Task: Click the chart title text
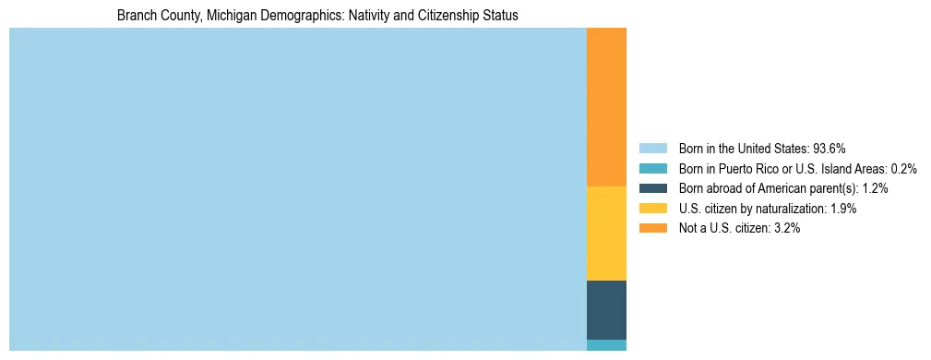coord(317,16)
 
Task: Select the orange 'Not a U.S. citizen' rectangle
coord(606,107)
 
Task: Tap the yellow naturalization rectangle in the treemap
coord(606,234)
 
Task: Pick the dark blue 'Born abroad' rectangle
coord(606,310)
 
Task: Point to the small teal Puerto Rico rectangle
coord(606,345)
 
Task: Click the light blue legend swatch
coord(652,148)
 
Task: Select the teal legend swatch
coord(652,168)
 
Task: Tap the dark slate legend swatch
coord(652,188)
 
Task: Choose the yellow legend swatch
coord(652,209)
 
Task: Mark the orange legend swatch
coord(652,229)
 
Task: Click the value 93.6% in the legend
coord(829,148)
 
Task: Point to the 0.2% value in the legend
coord(903,168)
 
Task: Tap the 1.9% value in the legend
coord(842,209)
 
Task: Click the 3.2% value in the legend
coord(785,229)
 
